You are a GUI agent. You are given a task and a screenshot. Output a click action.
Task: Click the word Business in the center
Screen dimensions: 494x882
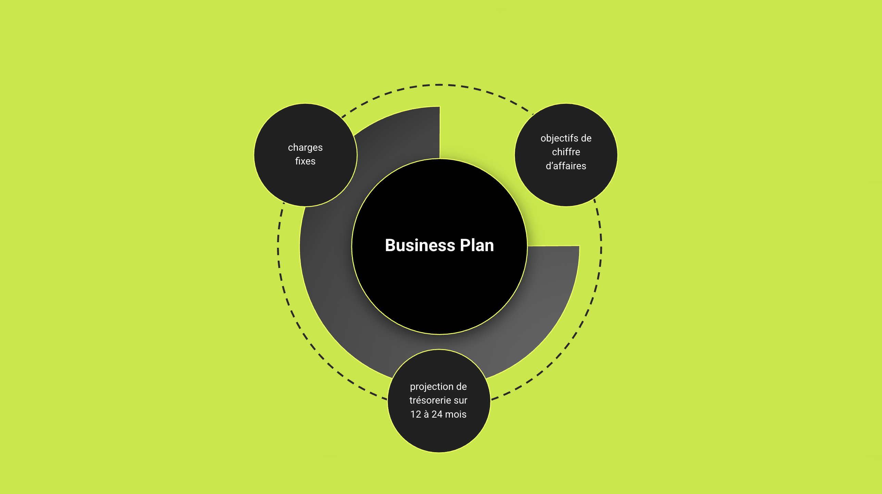[x=420, y=245]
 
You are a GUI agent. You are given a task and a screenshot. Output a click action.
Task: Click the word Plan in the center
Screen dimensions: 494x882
[x=477, y=245]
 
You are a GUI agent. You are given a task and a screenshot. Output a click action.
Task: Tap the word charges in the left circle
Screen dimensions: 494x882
[x=305, y=148]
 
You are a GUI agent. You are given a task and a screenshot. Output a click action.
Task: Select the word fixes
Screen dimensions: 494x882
[x=305, y=161]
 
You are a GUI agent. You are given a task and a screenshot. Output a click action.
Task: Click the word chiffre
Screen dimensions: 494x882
[x=566, y=152]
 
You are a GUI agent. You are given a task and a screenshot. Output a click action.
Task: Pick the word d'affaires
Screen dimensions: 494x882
[x=566, y=166]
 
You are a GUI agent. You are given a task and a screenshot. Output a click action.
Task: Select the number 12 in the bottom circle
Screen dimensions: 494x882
[x=416, y=415]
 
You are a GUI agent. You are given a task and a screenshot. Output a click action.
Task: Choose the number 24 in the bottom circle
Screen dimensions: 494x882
[x=437, y=415]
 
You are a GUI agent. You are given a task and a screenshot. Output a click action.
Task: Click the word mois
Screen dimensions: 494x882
[x=456, y=415]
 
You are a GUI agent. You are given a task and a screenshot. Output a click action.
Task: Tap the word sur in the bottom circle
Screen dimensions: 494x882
[x=461, y=400]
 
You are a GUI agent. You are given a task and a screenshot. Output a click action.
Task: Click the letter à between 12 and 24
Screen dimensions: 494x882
[x=426, y=415]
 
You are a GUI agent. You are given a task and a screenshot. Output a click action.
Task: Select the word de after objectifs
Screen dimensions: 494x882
[x=586, y=138]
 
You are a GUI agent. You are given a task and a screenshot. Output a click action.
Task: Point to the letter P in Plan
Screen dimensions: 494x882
[x=465, y=245]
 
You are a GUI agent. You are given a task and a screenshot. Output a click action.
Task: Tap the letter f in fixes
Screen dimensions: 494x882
[x=297, y=161]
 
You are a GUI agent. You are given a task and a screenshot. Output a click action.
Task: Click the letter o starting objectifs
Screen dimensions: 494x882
[x=543, y=138]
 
